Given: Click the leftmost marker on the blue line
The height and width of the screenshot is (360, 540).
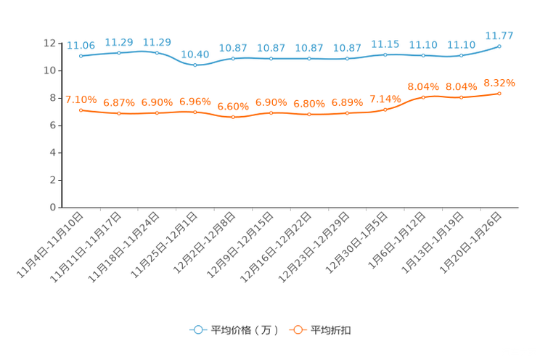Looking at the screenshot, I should point(81,56).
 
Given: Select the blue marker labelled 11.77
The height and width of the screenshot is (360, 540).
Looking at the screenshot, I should point(499,46).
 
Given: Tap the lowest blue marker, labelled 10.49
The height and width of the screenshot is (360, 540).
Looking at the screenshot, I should point(195,65).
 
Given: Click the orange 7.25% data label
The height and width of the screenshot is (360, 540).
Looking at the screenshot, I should point(81,99).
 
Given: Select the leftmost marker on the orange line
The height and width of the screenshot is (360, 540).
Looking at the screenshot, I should point(81,110).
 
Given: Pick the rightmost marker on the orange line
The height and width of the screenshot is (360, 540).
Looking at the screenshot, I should point(499,94).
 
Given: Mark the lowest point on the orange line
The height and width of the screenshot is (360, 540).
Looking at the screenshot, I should point(233,117).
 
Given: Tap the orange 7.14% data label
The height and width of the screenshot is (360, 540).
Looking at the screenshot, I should point(385,99).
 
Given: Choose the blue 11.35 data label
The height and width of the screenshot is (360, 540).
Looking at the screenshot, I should point(385,44).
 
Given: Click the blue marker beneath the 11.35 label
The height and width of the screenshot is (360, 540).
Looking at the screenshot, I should point(385,54).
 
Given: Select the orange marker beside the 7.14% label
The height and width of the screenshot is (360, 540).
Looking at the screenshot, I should point(385,110).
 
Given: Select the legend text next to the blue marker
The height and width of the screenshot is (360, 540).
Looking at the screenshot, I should point(245,330).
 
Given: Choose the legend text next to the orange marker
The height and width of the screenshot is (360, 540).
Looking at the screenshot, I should point(332,330).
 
